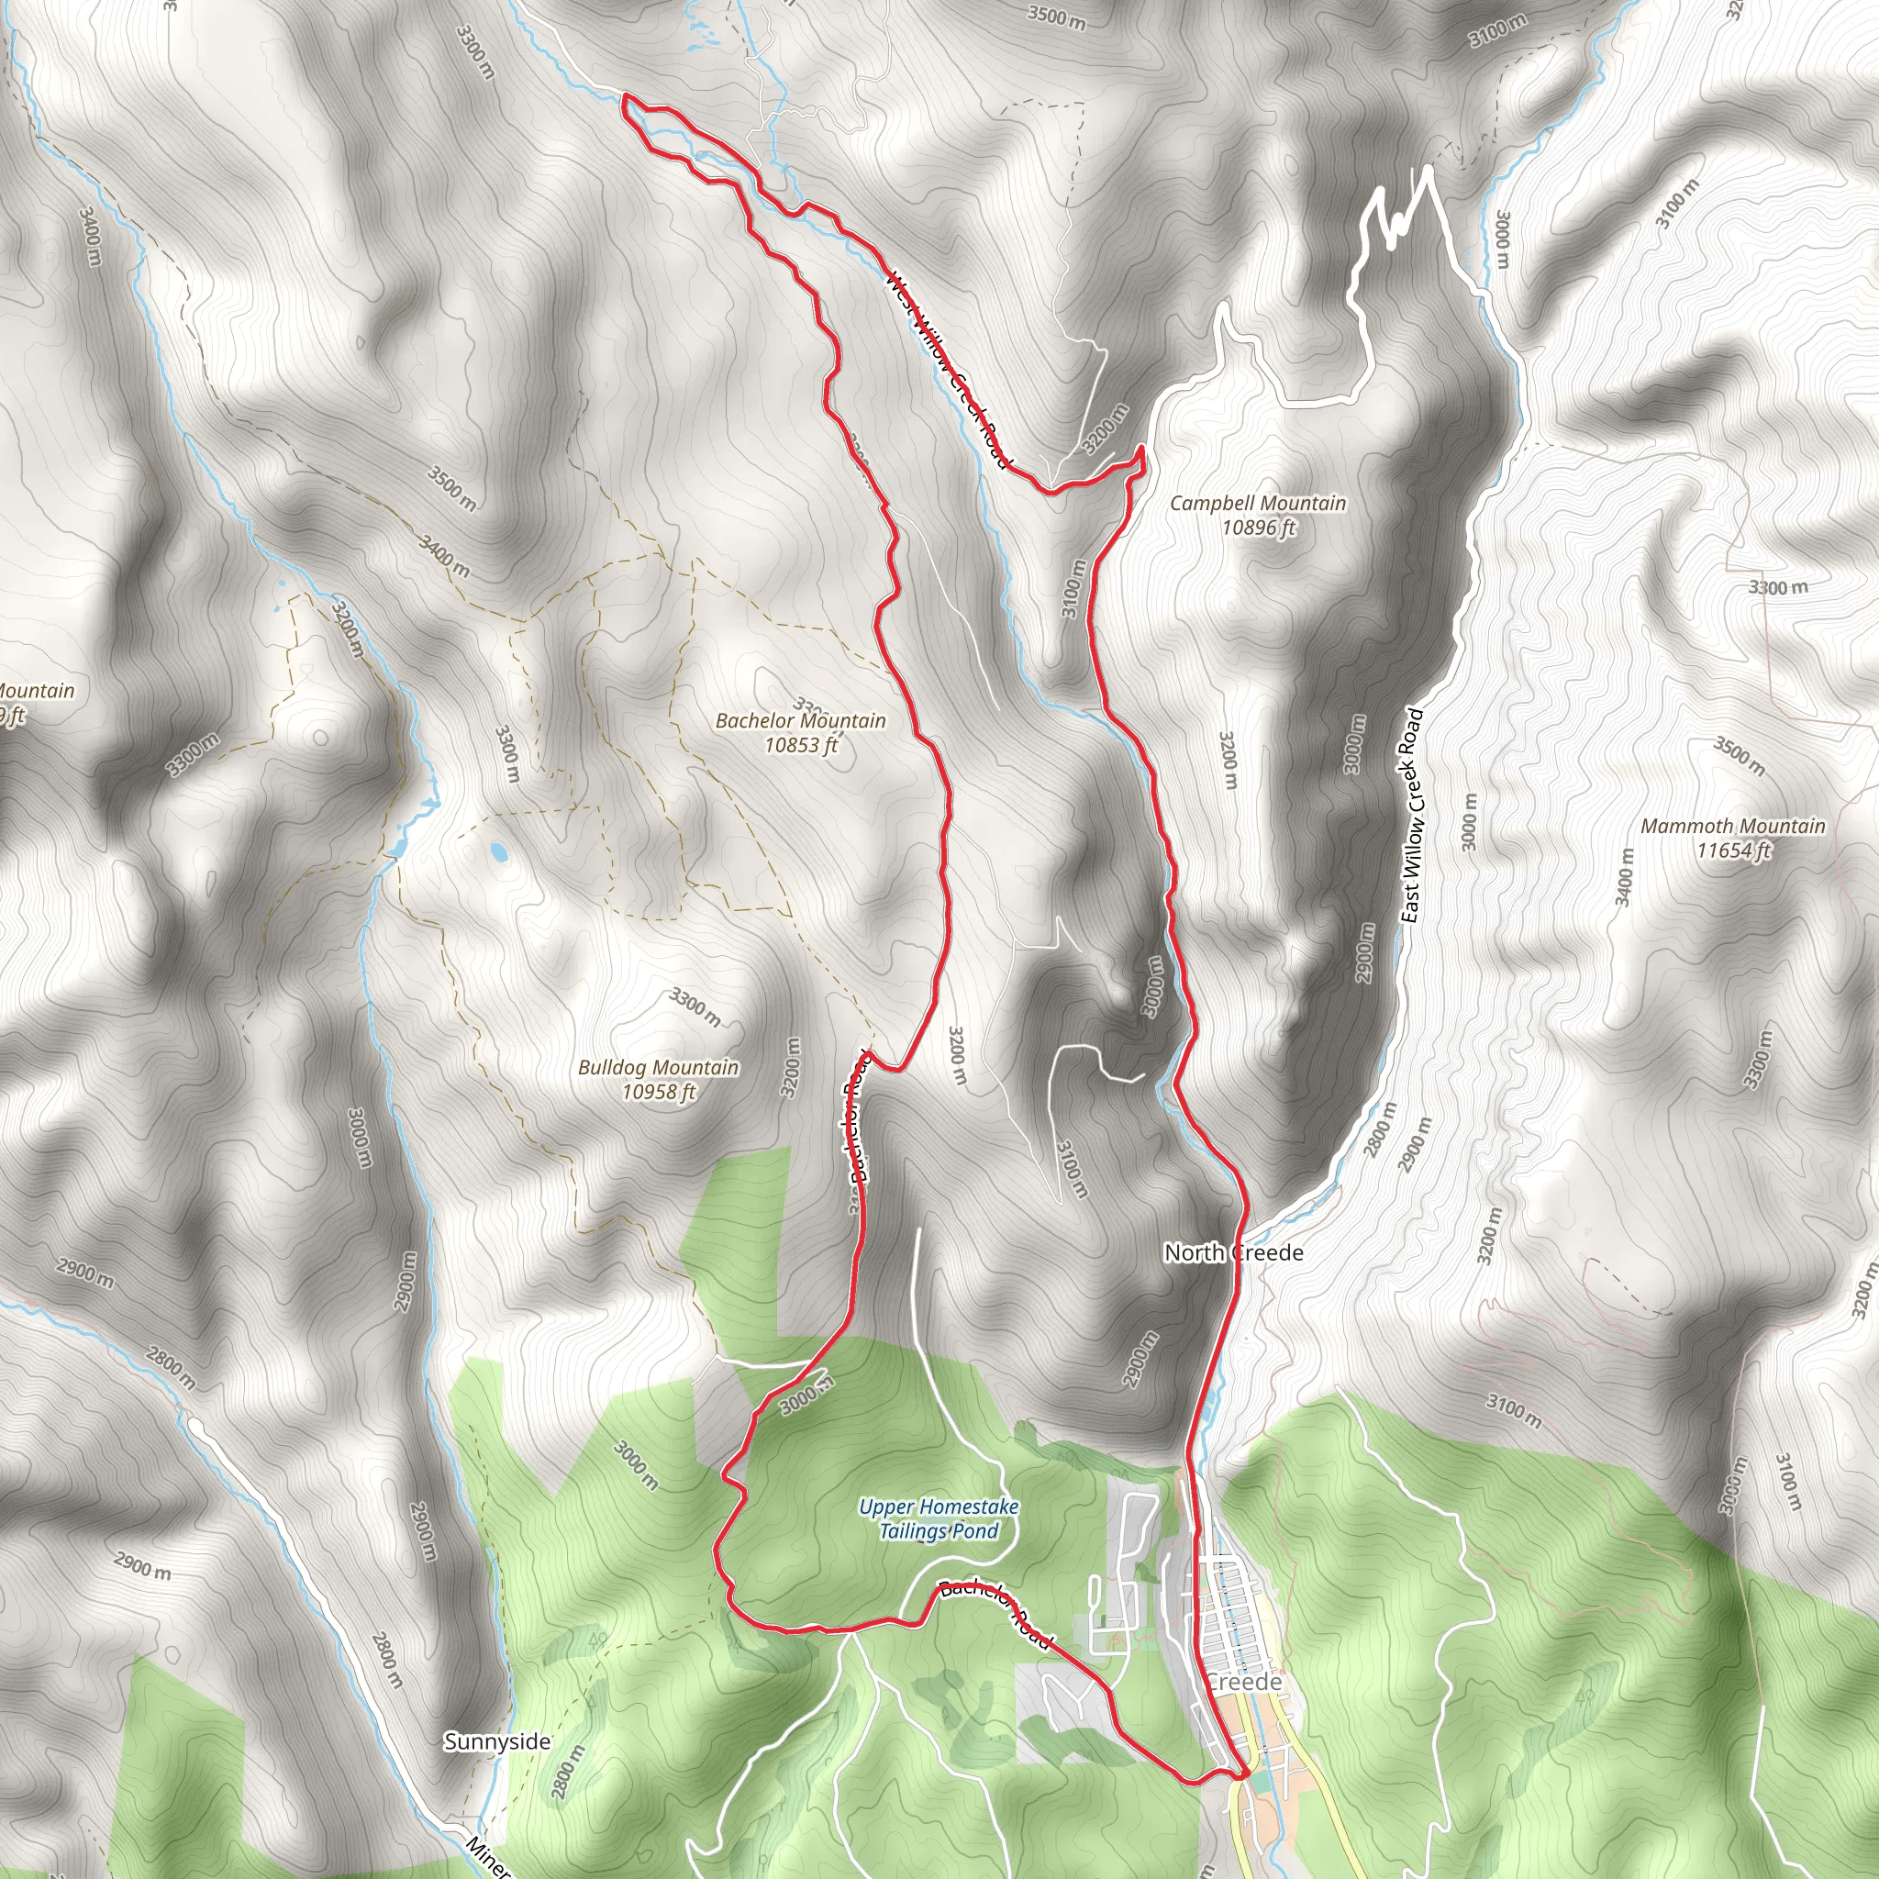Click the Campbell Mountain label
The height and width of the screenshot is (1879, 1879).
[x=1258, y=503]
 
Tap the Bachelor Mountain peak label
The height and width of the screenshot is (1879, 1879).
[x=800, y=720]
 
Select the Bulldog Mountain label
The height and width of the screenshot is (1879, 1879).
[x=659, y=1067]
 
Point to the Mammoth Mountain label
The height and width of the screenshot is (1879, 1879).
[x=1733, y=826]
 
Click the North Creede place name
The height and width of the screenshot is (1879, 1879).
[x=1233, y=1252]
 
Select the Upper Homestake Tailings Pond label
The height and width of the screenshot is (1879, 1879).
[x=939, y=1519]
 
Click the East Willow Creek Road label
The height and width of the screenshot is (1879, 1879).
[x=1412, y=816]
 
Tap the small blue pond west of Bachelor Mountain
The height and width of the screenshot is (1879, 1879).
[x=499, y=854]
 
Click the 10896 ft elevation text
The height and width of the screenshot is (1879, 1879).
[x=1259, y=528]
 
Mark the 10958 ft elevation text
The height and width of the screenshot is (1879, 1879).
[x=659, y=1091]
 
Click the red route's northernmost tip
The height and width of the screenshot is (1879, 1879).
[x=623, y=96]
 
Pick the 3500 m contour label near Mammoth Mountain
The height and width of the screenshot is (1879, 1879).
[x=1739, y=758]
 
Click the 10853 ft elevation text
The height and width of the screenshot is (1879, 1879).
[x=800, y=745]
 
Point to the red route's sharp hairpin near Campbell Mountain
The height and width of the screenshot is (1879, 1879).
[x=1140, y=450]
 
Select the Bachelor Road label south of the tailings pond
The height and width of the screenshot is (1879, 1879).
[x=995, y=1617]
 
